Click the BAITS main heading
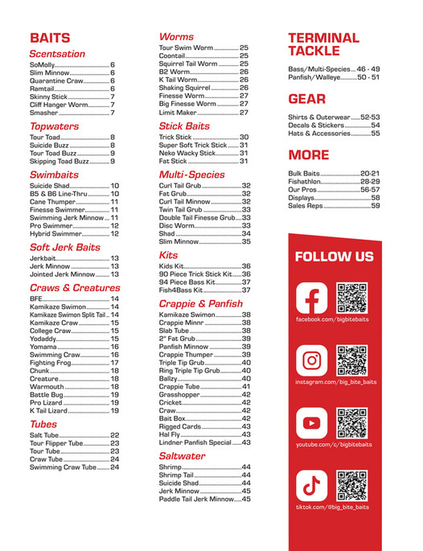(x=50, y=38)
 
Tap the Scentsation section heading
(x=56, y=54)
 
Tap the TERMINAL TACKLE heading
(x=323, y=45)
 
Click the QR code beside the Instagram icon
(x=351, y=360)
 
